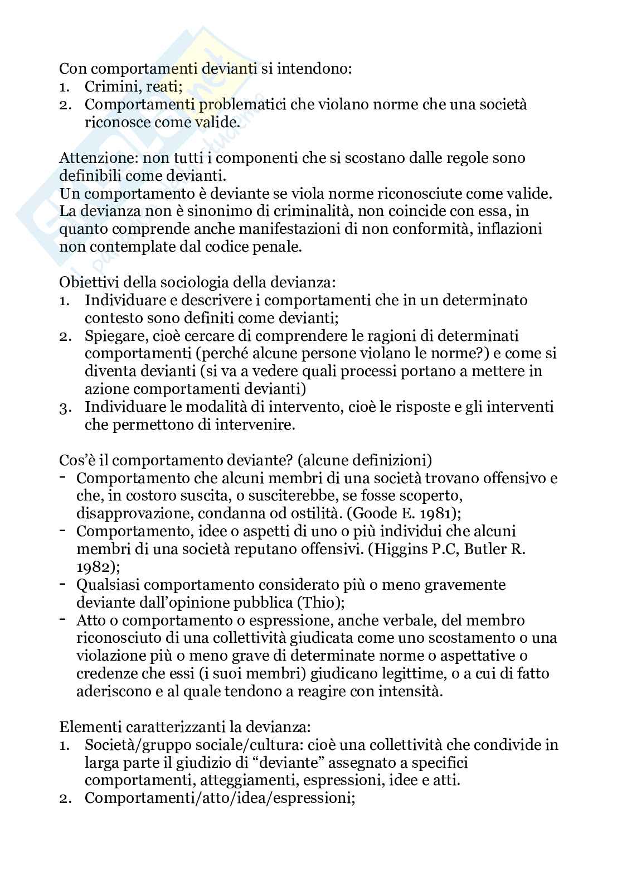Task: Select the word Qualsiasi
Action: point(109,585)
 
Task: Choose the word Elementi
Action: point(90,727)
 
